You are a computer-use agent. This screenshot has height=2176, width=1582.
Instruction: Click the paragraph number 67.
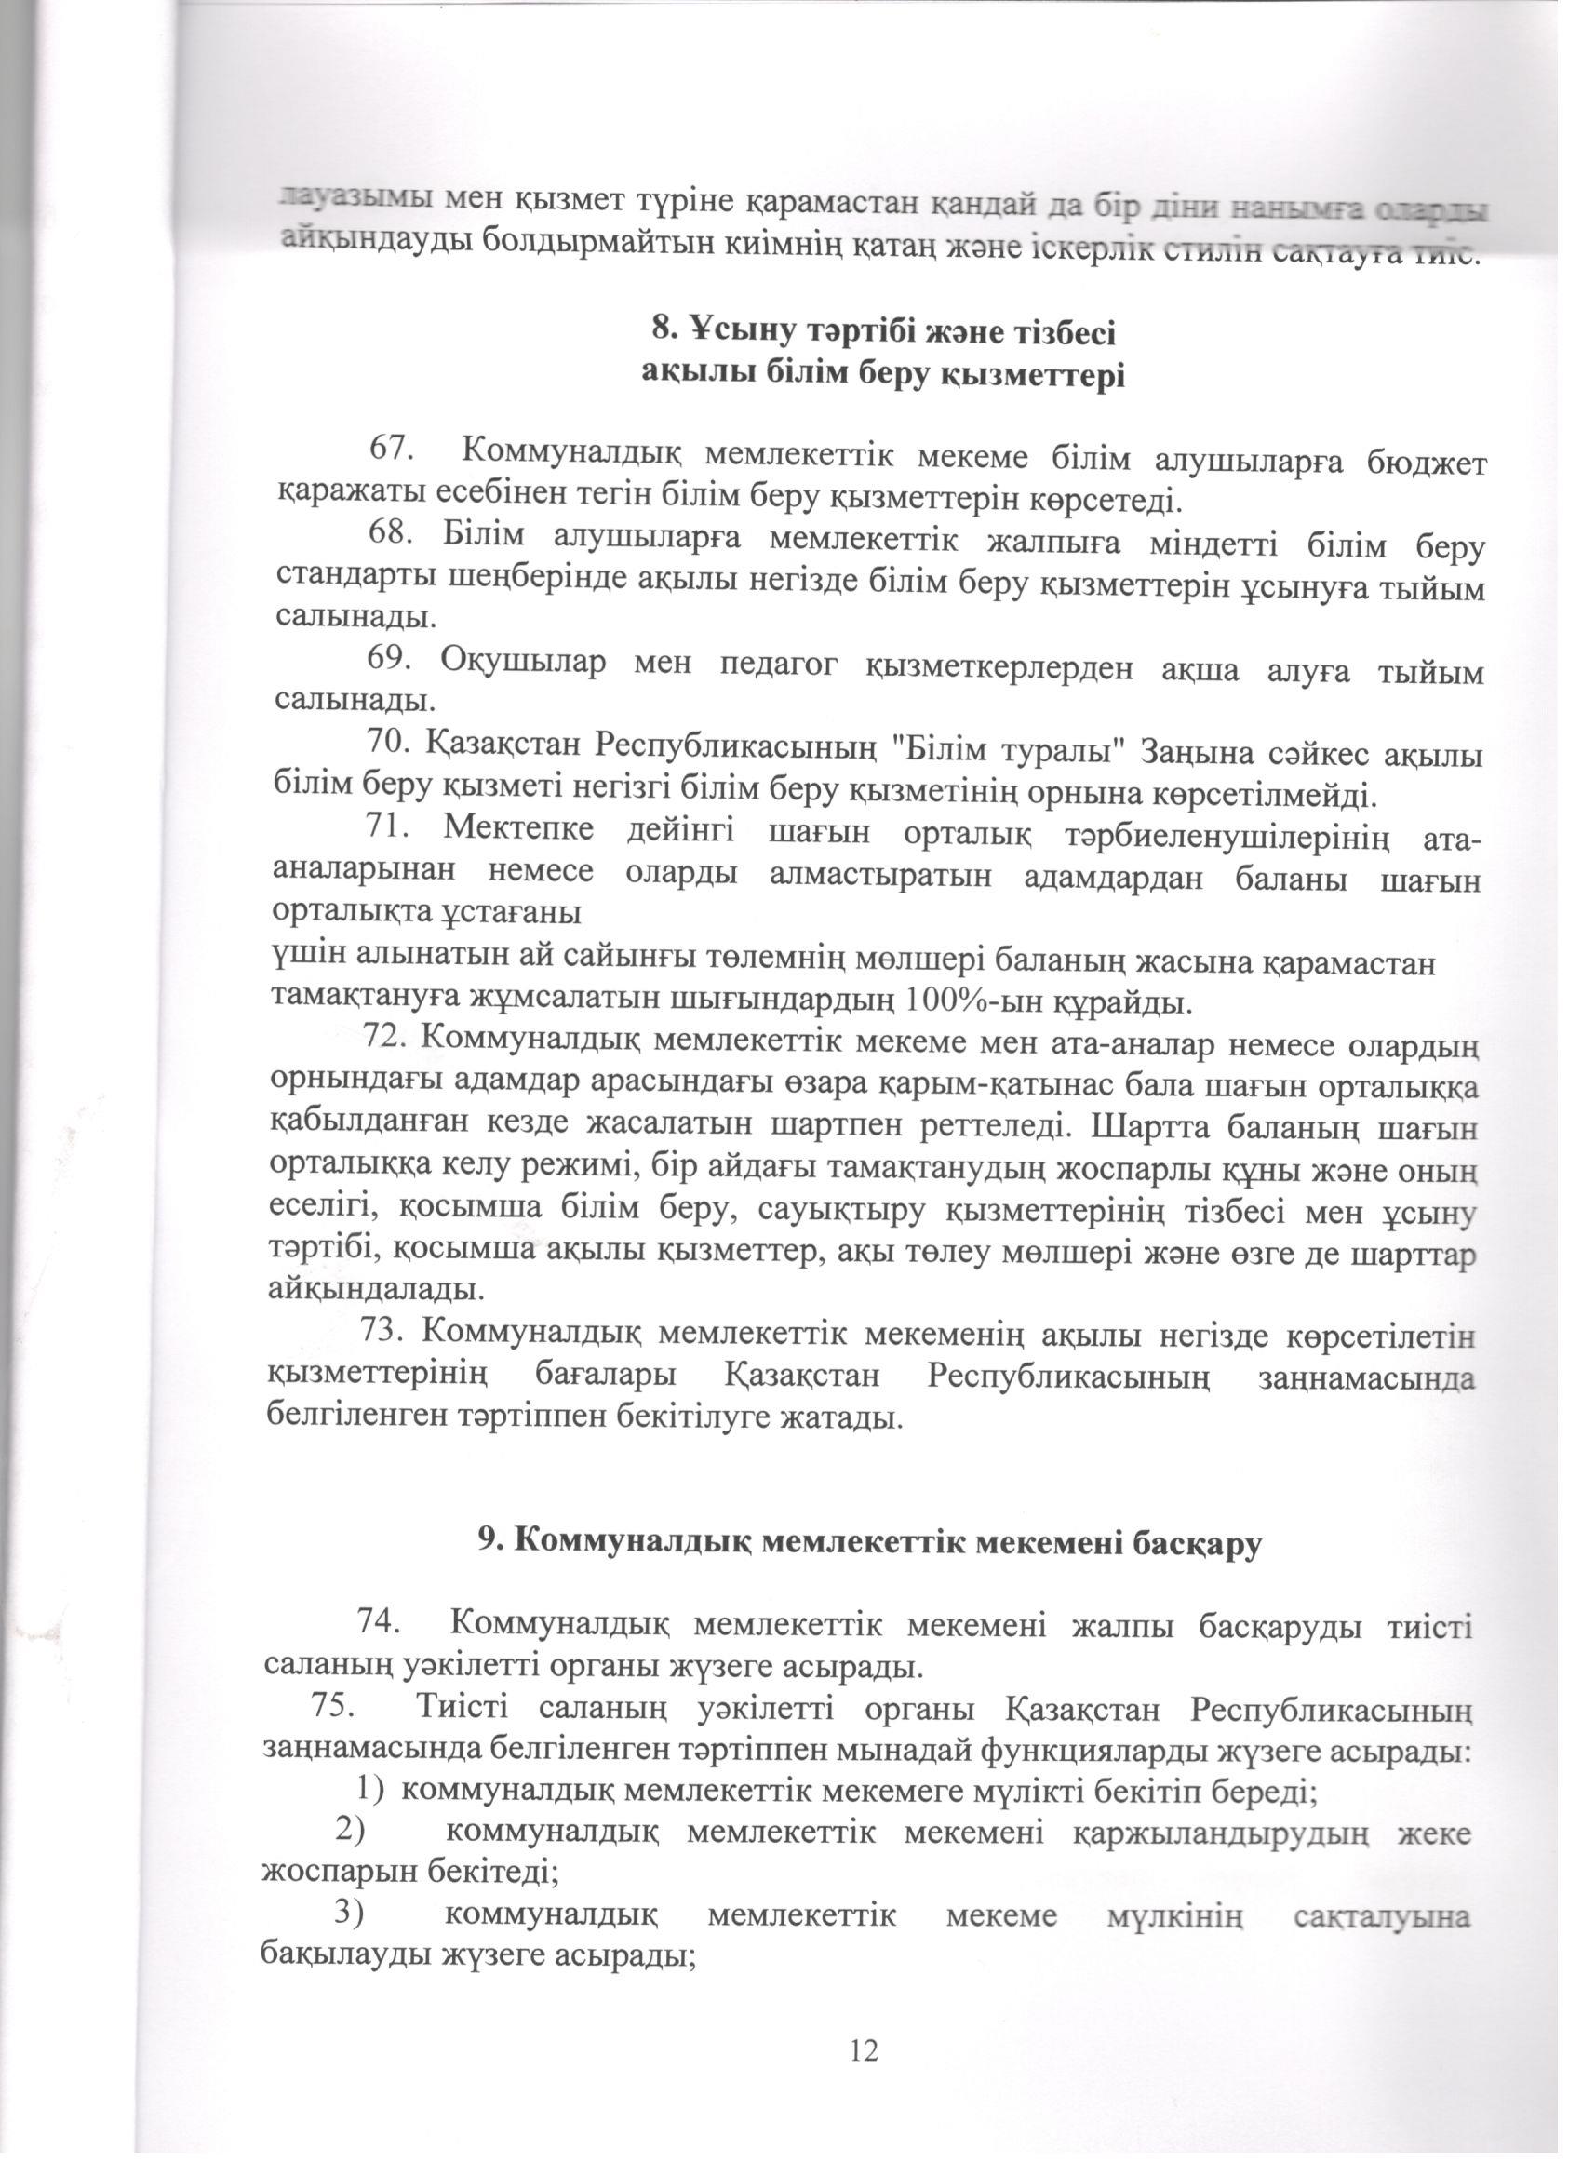click(391, 449)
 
